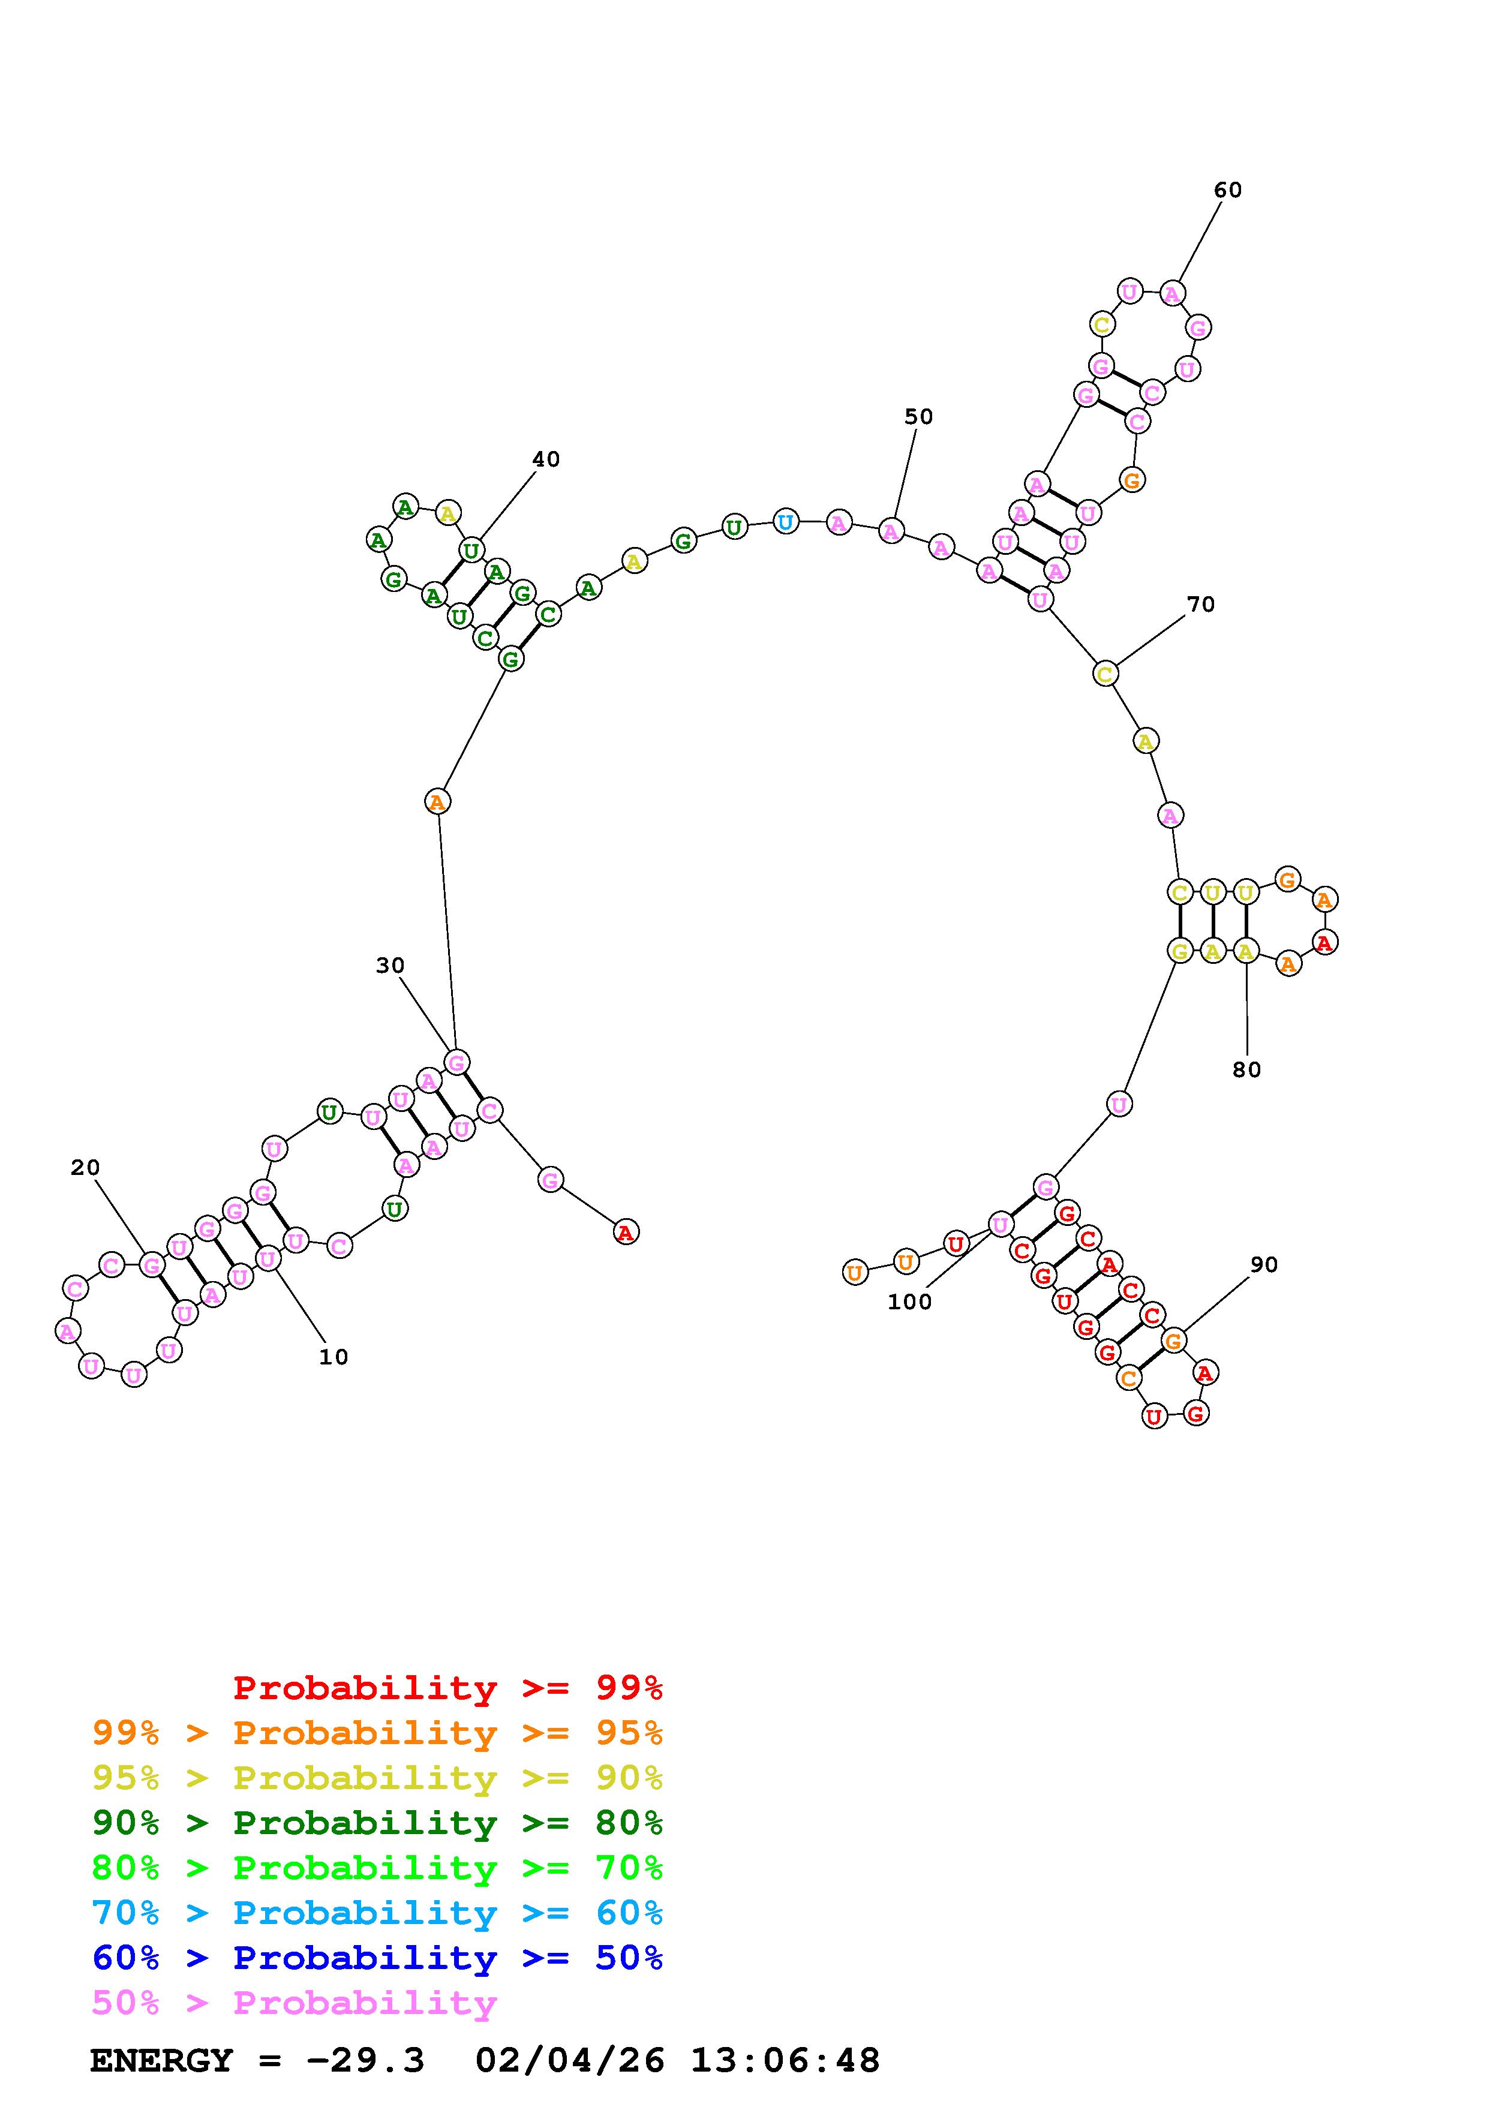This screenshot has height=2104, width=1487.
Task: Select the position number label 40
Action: [546, 459]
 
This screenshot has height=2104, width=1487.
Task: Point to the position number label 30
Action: [390, 965]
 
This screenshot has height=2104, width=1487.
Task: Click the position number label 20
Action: [85, 1168]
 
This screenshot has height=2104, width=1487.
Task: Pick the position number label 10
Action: [334, 1357]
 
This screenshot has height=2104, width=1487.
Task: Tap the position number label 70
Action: [1200, 604]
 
